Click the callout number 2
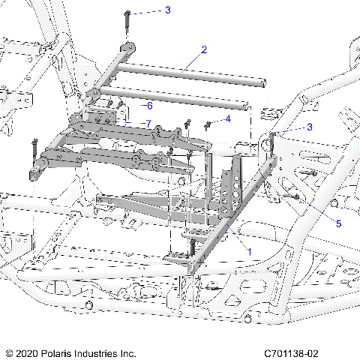coord(203,50)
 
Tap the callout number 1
coord(250,253)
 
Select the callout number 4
coord(229,118)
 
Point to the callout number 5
coord(338,223)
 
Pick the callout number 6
coord(149,105)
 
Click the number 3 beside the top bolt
coord(167,10)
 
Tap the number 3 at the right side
coord(309,127)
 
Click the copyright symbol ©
coord(10,352)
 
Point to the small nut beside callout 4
coord(208,124)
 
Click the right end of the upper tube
coord(262,84)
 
